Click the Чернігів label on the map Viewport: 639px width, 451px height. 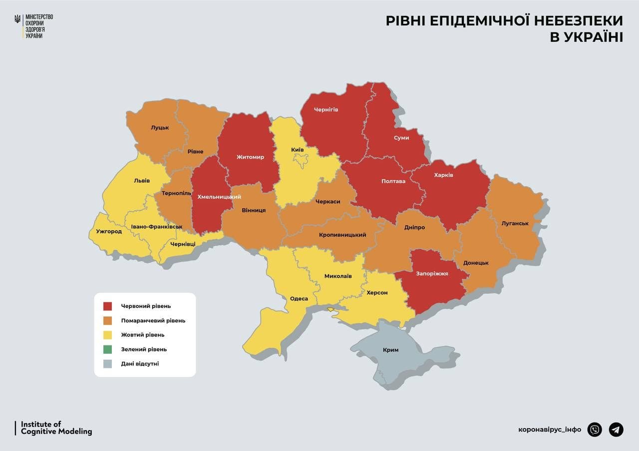point(326,109)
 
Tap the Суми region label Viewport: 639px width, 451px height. point(401,138)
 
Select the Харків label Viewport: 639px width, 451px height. point(443,175)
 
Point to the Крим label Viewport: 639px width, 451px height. point(390,350)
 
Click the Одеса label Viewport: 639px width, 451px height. point(299,299)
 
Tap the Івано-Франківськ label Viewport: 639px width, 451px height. point(157,227)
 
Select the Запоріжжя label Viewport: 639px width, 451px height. point(432,273)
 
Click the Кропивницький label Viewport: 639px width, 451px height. point(342,235)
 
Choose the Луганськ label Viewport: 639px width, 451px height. point(515,223)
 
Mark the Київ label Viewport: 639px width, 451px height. point(298,150)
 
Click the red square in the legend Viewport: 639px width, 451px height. point(108,306)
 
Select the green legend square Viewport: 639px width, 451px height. point(108,349)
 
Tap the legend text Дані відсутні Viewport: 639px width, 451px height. point(140,364)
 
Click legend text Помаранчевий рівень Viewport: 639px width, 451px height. point(153,320)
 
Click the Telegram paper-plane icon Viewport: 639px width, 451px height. point(616,429)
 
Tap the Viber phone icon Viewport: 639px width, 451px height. point(595,429)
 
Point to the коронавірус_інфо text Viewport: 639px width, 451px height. point(550,430)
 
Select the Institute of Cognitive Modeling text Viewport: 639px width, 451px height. point(56,428)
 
